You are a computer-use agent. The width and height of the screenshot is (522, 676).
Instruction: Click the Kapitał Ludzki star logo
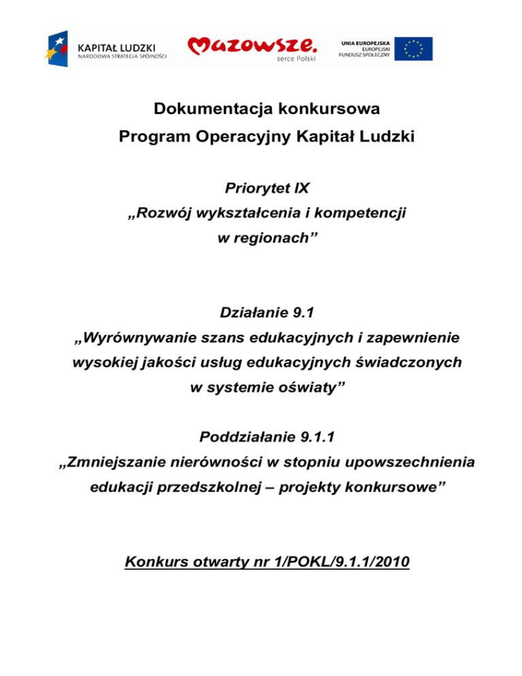coord(58,48)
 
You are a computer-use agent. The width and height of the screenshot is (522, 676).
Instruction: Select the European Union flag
coord(415,49)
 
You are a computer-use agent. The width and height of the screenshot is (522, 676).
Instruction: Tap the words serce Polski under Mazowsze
coord(294,59)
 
